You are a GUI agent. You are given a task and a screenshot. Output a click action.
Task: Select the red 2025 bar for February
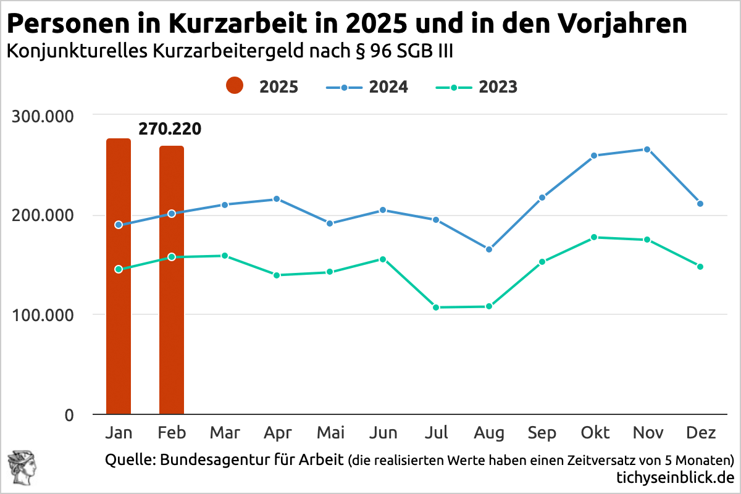tap(172, 280)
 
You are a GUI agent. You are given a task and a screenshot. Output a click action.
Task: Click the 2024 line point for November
tap(647, 149)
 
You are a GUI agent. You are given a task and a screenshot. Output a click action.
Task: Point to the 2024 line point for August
tap(489, 249)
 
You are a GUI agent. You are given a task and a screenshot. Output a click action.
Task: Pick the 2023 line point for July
tap(436, 308)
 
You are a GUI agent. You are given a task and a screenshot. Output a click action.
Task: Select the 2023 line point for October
tap(594, 237)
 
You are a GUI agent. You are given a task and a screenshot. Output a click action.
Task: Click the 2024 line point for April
tap(277, 199)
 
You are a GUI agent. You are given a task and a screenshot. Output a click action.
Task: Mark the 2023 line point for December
tap(700, 267)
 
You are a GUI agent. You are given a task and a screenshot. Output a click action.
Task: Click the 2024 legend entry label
tap(388, 87)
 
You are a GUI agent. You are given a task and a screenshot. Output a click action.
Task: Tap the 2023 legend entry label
tap(498, 87)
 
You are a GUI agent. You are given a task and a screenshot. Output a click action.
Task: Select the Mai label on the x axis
tap(330, 433)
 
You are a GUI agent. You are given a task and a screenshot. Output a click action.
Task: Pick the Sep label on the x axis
tap(542, 433)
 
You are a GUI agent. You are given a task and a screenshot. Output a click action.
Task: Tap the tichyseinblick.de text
tap(675, 477)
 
